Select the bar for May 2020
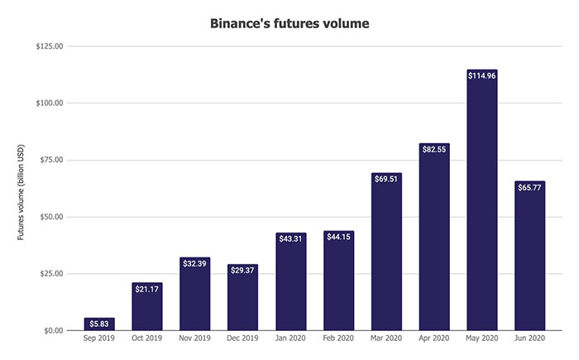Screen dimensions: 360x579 click(482, 207)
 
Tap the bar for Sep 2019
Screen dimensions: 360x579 click(99, 324)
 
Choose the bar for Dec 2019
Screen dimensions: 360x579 click(242, 298)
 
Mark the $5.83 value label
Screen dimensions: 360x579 click(99, 324)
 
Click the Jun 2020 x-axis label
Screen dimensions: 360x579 click(530, 340)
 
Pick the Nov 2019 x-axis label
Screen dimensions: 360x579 click(194, 340)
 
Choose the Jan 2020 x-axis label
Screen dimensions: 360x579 click(290, 340)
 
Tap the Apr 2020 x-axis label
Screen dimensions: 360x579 click(434, 340)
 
